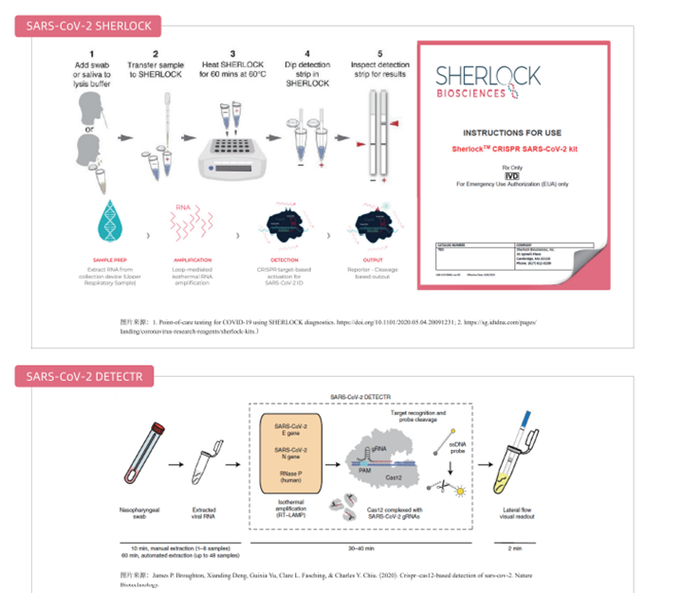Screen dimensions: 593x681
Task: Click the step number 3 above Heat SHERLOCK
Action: click(x=232, y=52)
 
